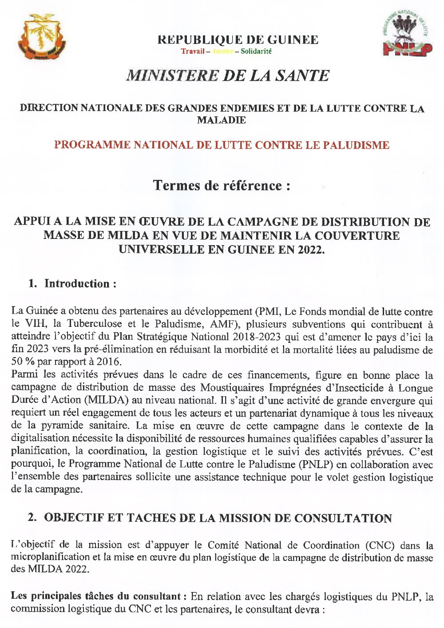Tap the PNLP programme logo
coord(407,35)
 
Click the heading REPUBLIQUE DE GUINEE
coord(238,40)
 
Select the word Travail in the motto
coord(193,51)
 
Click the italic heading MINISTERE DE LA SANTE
coord(227,76)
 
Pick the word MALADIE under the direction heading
coord(221,120)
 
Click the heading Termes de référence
coord(222,185)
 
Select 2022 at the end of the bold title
coord(311,249)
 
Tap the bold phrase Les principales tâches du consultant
coord(96,596)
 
